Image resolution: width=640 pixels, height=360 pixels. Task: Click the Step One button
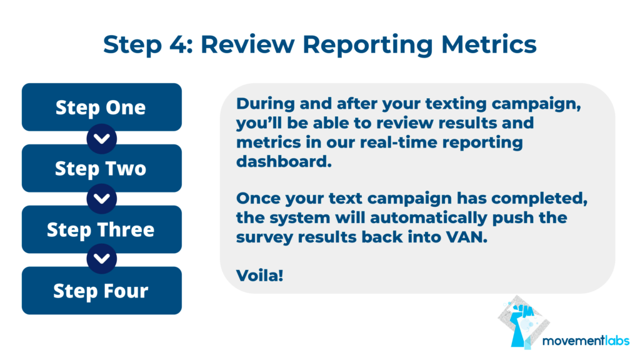coord(102,107)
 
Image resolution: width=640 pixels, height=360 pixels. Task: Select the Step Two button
coord(102,168)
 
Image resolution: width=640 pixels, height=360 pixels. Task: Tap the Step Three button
coord(102,229)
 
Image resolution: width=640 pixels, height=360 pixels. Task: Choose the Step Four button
coord(102,291)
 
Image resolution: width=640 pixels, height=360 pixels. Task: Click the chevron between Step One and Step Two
coord(102,139)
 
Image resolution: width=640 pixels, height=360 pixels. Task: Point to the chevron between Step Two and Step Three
coord(102,199)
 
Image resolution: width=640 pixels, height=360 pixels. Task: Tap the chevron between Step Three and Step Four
coord(102,259)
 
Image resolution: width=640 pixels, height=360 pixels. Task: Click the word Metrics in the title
coord(489,44)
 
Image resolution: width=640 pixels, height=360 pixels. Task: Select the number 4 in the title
coord(177,44)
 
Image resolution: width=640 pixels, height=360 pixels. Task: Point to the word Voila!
coord(259,275)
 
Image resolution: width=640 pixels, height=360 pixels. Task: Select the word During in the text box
coord(265,104)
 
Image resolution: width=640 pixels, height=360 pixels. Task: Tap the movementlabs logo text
coord(586,341)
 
